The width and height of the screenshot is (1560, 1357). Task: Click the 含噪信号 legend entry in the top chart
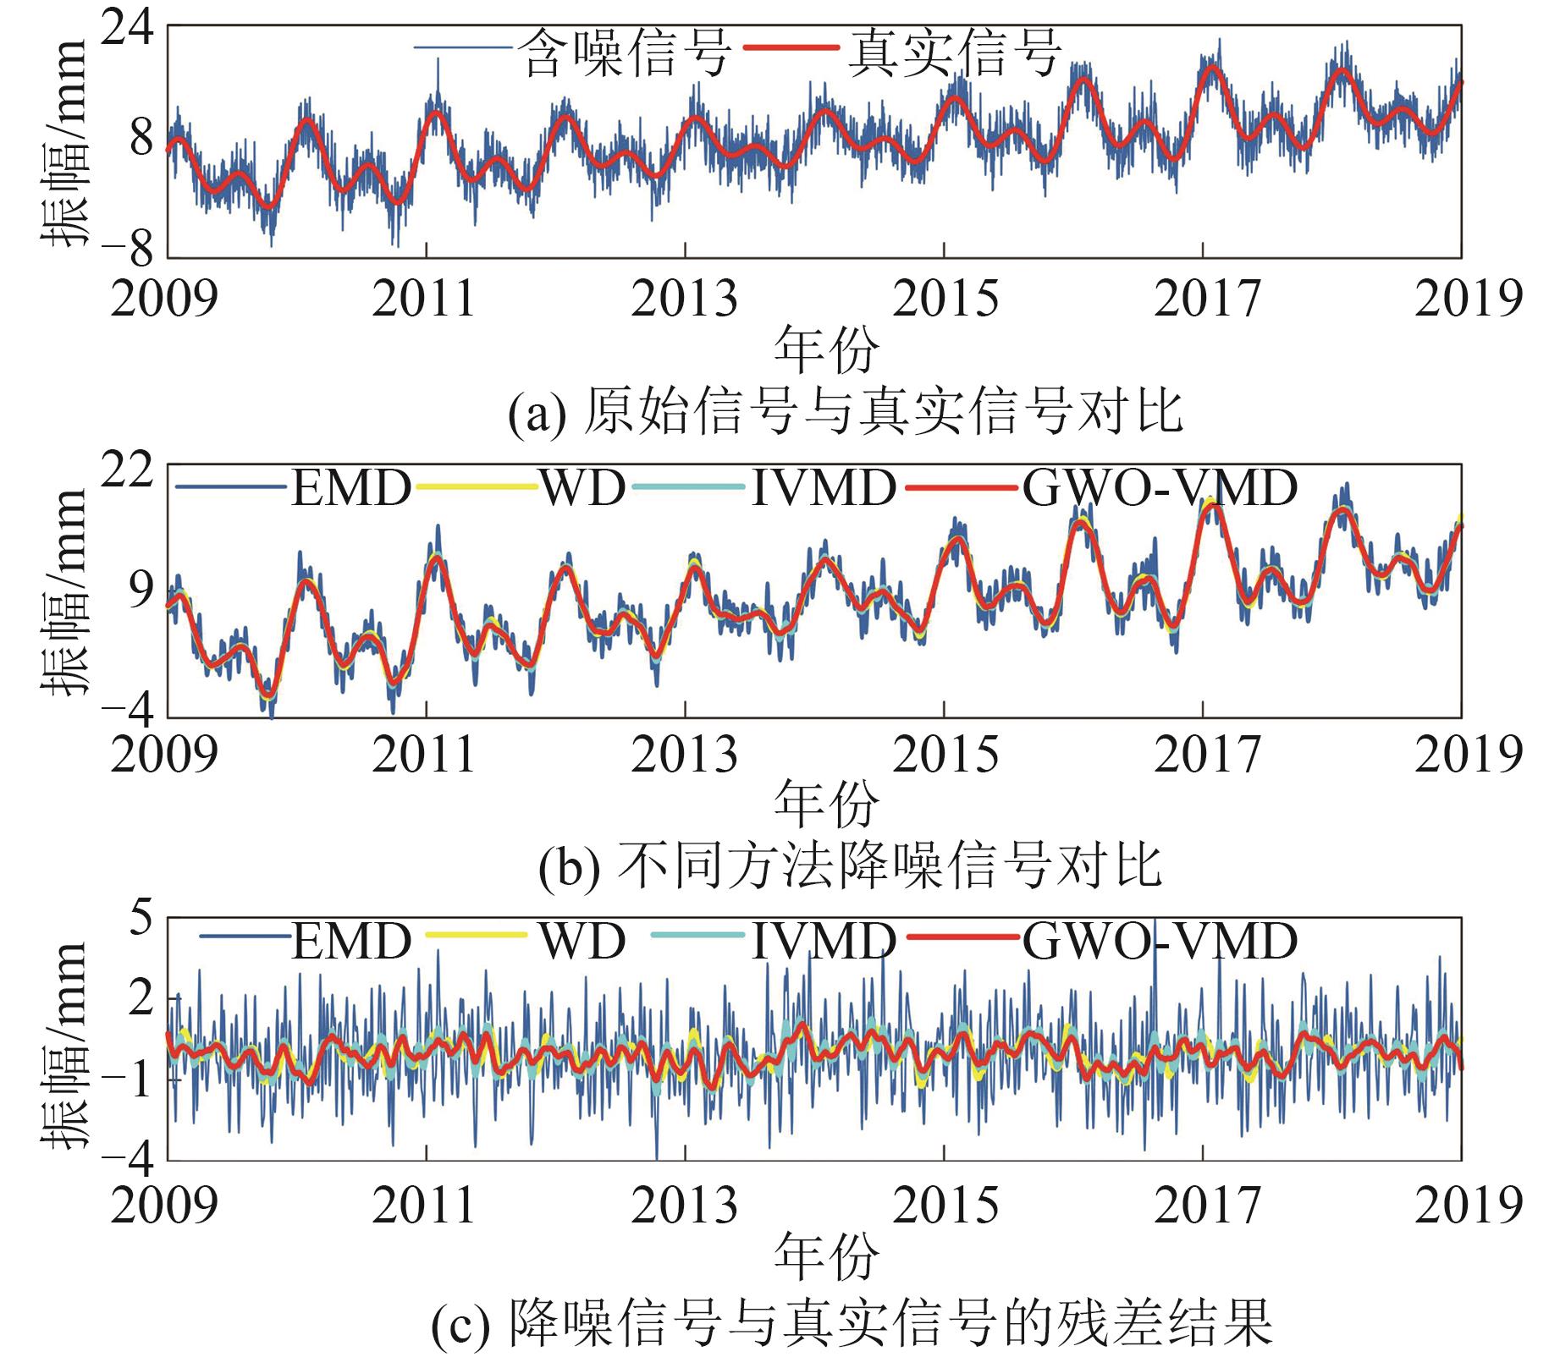tap(626, 52)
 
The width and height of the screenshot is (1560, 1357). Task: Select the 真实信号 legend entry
tap(955, 52)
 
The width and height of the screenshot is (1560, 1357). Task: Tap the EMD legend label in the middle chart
tap(351, 488)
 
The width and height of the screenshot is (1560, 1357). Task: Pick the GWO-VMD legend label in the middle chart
tap(1160, 488)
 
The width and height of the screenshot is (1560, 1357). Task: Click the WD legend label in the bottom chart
tap(582, 940)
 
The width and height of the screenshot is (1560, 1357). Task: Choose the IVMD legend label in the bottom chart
tap(823, 940)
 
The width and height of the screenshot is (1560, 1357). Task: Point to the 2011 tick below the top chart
tap(424, 299)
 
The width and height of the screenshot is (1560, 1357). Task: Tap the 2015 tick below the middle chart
tap(945, 755)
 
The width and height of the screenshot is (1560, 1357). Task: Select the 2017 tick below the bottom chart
tap(1205, 1205)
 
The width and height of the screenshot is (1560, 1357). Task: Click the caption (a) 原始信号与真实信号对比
tap(845, 413)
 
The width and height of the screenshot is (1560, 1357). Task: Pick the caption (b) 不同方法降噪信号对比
tap(850, 867)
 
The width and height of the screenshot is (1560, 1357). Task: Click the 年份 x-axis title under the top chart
tap(826, 349)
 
